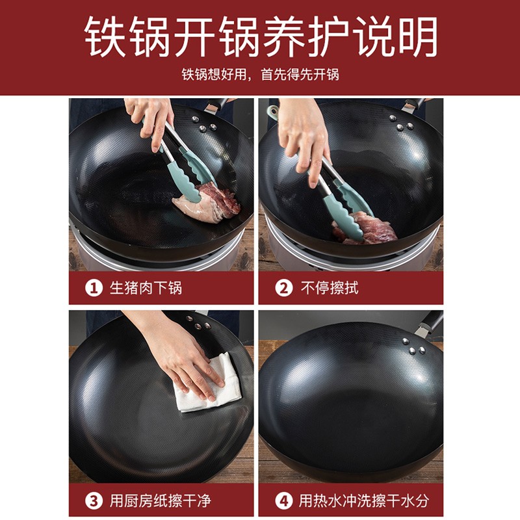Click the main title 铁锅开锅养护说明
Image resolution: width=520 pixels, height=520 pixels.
[261, 37]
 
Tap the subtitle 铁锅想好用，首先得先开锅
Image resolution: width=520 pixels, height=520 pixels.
[261, 75]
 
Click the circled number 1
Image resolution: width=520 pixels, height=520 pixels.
[94, 288]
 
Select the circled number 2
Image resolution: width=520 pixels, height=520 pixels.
[283, 288]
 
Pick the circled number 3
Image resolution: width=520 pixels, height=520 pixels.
[94, 500]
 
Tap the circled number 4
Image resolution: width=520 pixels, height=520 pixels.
[283, 500]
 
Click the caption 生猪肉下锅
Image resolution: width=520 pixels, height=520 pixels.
[146, 288]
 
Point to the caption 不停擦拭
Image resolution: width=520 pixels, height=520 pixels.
[330, 288]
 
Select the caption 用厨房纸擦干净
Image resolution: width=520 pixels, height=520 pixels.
[160, 500]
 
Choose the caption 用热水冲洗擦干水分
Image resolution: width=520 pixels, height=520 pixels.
[364, 500]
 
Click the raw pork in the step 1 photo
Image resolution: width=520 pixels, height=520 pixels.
[207, 202]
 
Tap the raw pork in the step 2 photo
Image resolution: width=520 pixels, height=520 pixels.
[365, 229]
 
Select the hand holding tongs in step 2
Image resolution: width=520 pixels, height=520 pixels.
[304, 139]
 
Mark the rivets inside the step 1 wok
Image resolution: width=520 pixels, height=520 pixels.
[203, 124]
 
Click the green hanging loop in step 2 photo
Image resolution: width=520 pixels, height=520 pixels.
[273, 112]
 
